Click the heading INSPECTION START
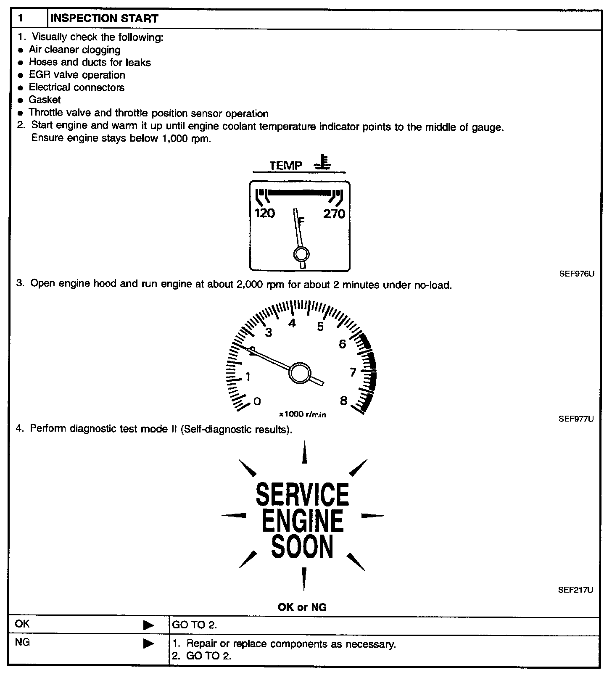[104, 18]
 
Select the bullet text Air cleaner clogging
[74, 50]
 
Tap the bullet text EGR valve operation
[77, 75]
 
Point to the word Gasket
[45, 100]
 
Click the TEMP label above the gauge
[286, 166]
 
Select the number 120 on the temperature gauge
[265, 214]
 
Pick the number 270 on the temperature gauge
[334, 214]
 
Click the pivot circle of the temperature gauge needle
[301, 254]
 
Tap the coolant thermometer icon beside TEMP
[323, 162]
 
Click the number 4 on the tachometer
[292, 323]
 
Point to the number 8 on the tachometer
[344, 401]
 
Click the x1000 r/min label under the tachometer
[303, 414]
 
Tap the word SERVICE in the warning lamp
[302, 494]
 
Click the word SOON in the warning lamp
[302, 546]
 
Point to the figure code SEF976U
[577, 274]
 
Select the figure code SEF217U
[576, 590]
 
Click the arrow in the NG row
[149, 643]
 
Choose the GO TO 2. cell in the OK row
[195, 625]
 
